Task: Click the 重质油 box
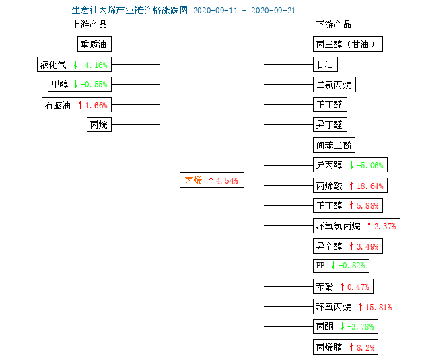click(x=94, y=44)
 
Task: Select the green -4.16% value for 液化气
click(x=94, y=65)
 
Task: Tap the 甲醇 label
click(x=60, y=84)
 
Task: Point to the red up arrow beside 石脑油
click(x=80, y=105)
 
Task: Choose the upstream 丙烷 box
click(x=99, y=124)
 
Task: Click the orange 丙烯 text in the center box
click(x=194, y=180)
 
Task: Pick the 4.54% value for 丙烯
click(x=227, y=180)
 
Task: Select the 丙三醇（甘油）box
click(x=348, y=44)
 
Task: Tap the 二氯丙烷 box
click(x=334, y=85)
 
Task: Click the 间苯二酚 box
click(x=334, y=145)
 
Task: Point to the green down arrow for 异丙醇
click(x=351, y=165)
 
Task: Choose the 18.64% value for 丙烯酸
click(x=370, y=186)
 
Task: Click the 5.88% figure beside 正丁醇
click(x=367, y=206)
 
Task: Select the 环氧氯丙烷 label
click(x=339, y=226)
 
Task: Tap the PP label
click(x=320, y=265)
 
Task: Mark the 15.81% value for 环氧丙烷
click(x=379, y=307)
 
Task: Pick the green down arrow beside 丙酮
click(x=342, y=326)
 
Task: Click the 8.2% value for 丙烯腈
click(x=365, y=347)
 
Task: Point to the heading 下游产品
click(x=334, y=24)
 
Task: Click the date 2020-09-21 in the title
click(x=273, y=11)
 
